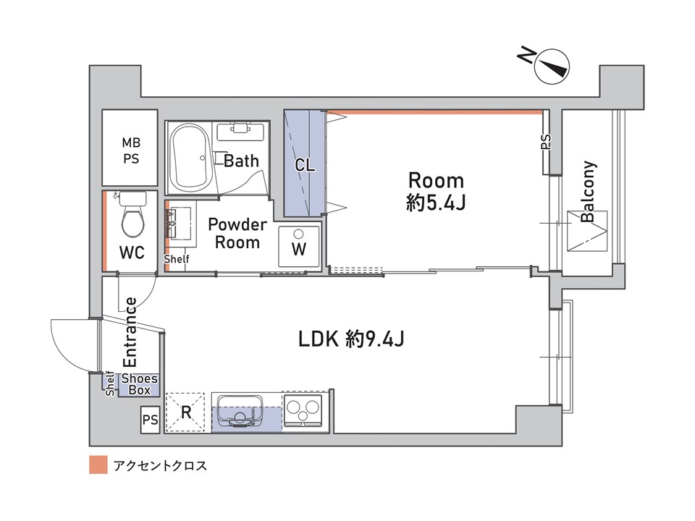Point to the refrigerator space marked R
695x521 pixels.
coord(186,412)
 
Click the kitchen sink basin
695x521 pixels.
coord(240,411)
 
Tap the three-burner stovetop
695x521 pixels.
coord(303,410)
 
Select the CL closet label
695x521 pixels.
coord(305,165)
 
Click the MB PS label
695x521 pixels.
coord(131,151)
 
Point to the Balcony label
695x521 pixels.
coord(588,191)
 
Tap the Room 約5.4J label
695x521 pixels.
coord(436,192)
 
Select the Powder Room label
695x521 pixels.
coord(237,234)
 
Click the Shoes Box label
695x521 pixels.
coord(139,384)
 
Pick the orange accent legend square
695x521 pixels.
coord(98,465)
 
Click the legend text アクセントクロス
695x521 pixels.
coord(160,465)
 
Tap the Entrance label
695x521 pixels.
coord(130,332)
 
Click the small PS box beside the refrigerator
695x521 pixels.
coord(151,419)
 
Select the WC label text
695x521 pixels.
coord(132,253)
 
